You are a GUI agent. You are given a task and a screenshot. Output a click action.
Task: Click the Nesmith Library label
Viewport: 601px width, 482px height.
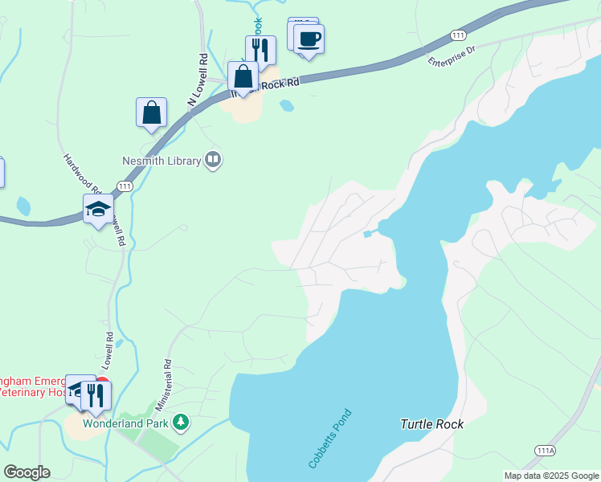(161, 161)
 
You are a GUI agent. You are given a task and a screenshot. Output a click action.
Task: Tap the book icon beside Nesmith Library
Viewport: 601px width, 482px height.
(213, 160)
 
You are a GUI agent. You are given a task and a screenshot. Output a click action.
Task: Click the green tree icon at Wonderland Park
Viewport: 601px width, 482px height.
(182, 421)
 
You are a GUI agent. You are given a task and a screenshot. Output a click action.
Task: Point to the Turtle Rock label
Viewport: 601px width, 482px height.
(431, 423)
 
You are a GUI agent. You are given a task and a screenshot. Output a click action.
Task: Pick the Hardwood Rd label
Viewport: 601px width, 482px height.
(80, 173)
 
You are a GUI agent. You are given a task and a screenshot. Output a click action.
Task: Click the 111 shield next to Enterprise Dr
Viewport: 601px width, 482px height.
(458, 35)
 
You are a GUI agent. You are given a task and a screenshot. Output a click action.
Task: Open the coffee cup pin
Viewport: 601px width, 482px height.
(308, 39)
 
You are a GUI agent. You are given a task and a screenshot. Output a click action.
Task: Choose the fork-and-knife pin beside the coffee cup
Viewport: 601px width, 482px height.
(260, 50)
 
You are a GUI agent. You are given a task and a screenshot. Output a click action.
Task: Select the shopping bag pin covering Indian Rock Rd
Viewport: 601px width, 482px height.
(243, 78)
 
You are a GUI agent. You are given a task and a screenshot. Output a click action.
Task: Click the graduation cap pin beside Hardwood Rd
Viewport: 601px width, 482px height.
(99, 210)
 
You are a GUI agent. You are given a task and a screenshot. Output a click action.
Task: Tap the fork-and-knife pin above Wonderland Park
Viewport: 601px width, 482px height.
(96, 394)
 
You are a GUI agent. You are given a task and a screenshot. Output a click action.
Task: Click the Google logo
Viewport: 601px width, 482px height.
(27, 472)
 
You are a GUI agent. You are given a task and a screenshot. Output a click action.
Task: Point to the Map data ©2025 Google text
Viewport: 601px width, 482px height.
(550, 476)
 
